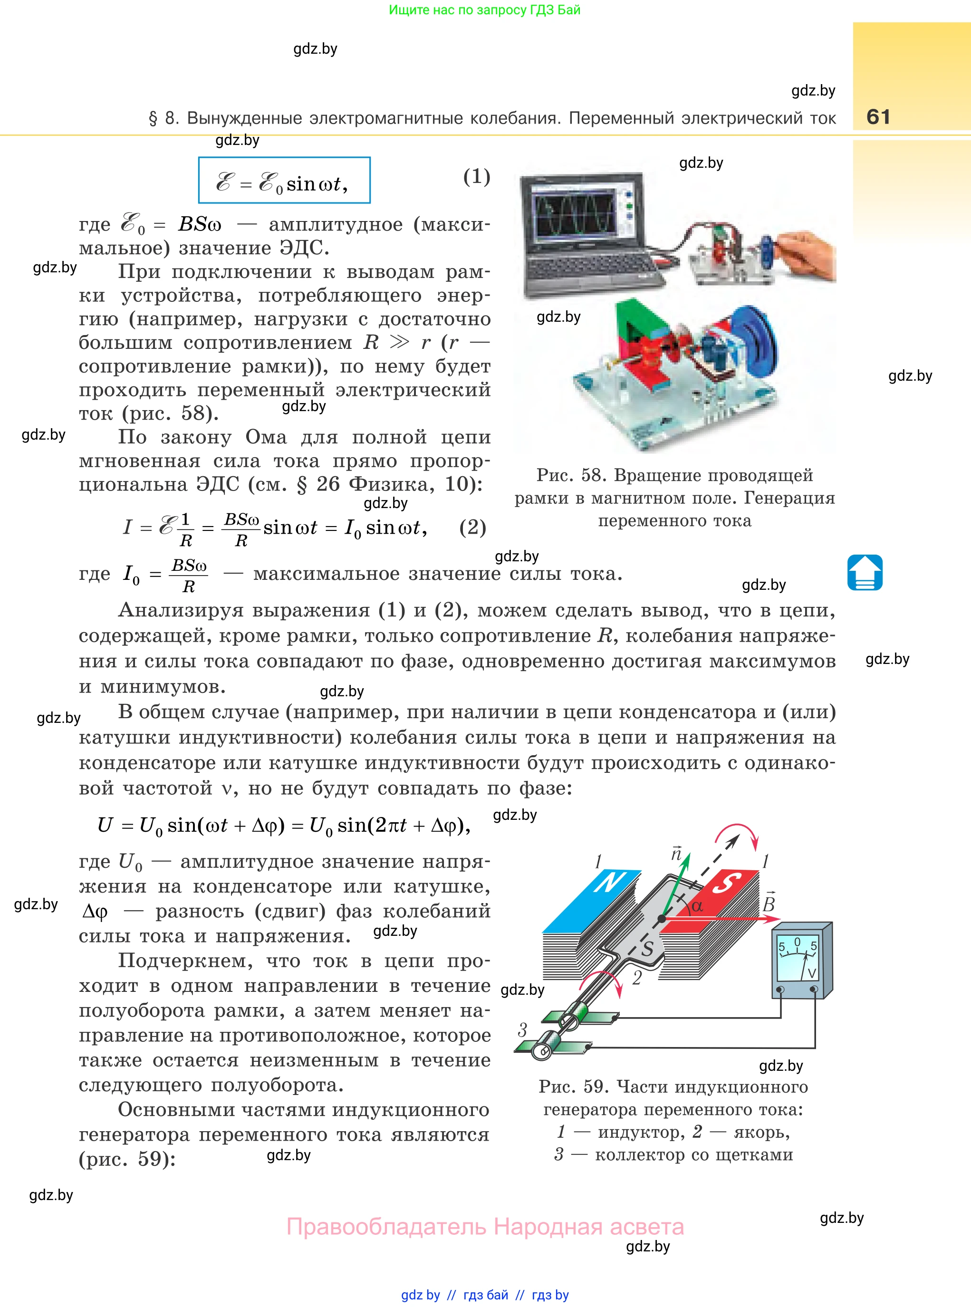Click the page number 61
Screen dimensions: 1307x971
click(x=878, y=116)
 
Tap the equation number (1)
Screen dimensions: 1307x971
click(x=476, y=176)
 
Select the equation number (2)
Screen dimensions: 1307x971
click(x=472, y=527)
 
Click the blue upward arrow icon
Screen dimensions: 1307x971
click(x=865, y=572)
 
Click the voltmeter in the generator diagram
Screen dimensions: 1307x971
click(x=800, y=961)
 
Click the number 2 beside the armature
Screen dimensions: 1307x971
click(x=636, y=979)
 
